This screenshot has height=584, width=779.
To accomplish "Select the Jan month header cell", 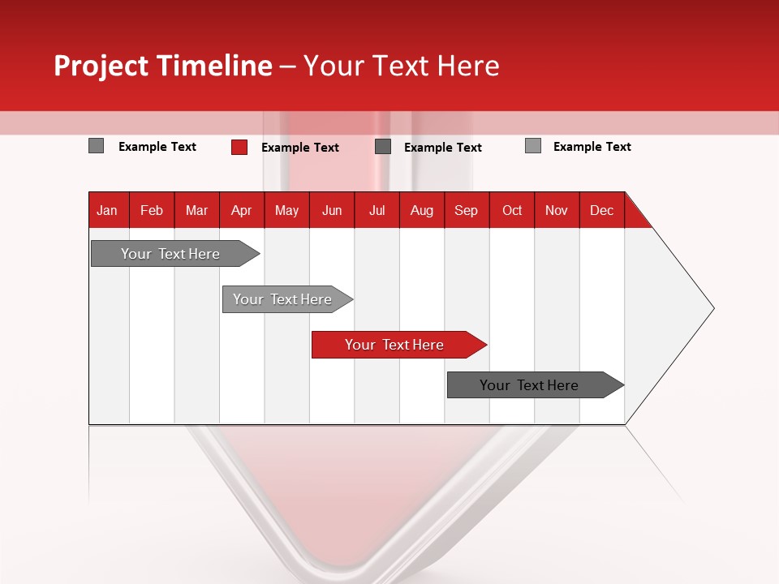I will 107,210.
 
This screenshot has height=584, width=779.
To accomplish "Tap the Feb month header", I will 152,210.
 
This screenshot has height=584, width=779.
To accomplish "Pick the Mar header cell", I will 196,210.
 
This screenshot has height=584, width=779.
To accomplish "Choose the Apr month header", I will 242,210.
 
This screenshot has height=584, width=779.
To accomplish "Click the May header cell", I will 286,210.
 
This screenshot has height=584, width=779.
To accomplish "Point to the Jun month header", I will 332,210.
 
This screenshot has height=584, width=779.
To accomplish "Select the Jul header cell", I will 377,210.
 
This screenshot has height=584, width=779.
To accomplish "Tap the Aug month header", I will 422,210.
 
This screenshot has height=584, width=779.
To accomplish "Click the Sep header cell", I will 467,210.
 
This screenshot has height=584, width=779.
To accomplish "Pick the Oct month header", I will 512,210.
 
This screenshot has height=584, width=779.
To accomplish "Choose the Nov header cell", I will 557,210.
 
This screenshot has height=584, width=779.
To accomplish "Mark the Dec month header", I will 602,210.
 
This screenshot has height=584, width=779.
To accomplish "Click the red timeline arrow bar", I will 398,345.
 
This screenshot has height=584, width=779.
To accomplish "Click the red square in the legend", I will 239,147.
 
